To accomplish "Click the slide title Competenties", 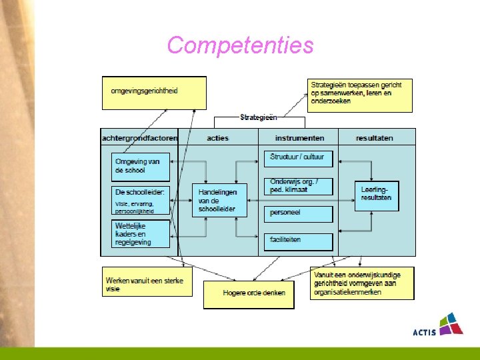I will [x=240, y=45].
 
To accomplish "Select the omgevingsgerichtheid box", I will [x=154, y=93].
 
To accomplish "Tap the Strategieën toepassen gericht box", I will [x=360, y=95].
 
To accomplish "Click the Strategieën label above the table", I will [x=259, y=118].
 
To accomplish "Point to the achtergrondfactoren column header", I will [x=139, y=138].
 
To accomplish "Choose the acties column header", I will [x=218, y=138].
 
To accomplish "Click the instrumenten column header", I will [x=299, y=138].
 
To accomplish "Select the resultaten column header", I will [x=375, y=138].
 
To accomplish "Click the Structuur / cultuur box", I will [x=299, y=158].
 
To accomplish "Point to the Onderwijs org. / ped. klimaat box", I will [x=299, y=186].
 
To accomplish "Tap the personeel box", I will [x=299, y=214].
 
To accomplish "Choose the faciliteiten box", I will [x=299, y=240].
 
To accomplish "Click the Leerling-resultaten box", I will [x=377, y=195].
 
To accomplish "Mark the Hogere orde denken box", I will [x=249, y=294].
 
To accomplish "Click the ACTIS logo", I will [x=438, y=325].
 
